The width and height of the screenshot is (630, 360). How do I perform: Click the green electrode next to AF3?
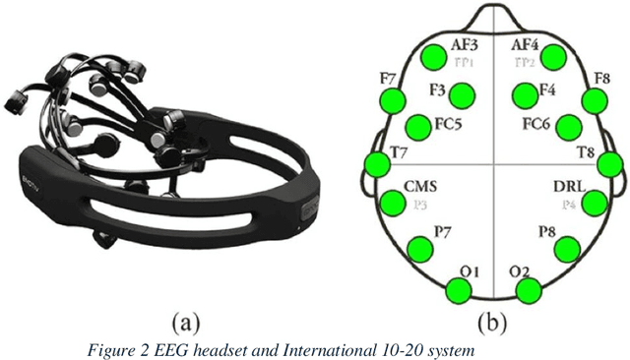coord(432,56)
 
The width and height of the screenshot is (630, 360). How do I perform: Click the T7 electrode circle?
coord(377,164)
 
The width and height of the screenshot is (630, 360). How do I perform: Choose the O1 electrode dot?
coord(458,290)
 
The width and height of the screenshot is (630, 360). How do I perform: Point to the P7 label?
coord(445,230)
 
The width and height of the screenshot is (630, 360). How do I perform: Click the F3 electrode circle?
coord(462,94)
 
